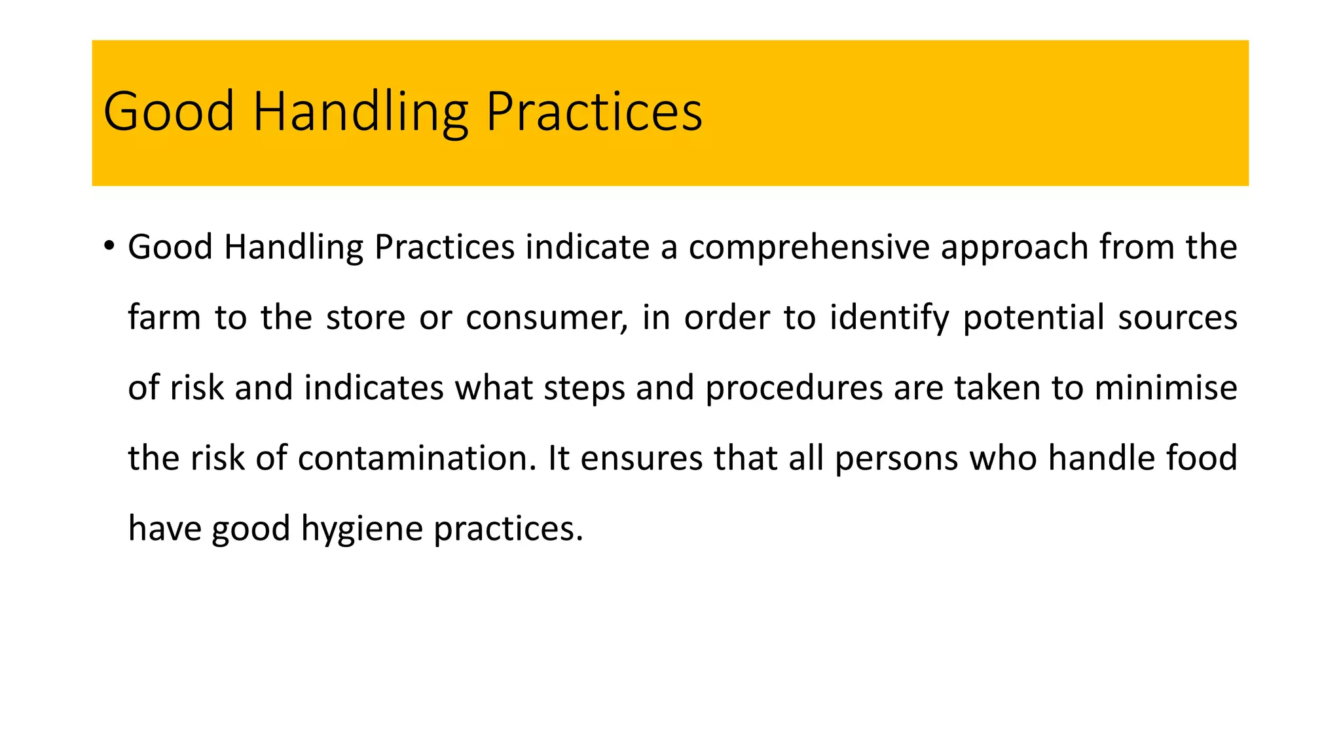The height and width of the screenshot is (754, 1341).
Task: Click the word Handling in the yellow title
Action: [360, 112]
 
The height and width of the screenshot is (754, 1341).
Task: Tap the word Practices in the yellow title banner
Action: [594, 112]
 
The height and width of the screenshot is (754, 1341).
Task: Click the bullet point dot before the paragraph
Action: [109, 246]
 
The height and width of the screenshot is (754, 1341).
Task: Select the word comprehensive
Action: [809, 247]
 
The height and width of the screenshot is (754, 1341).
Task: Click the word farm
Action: [164, 317]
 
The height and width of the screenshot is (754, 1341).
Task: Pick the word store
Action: [365, 317]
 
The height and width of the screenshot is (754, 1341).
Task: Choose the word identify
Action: [889, 317]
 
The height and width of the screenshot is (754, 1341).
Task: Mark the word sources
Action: [1177, 317]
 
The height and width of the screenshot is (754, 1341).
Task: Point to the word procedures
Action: [794, 387]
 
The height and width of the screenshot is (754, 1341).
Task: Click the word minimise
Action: [1166, 387]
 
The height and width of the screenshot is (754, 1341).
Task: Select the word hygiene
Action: [362, 528]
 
